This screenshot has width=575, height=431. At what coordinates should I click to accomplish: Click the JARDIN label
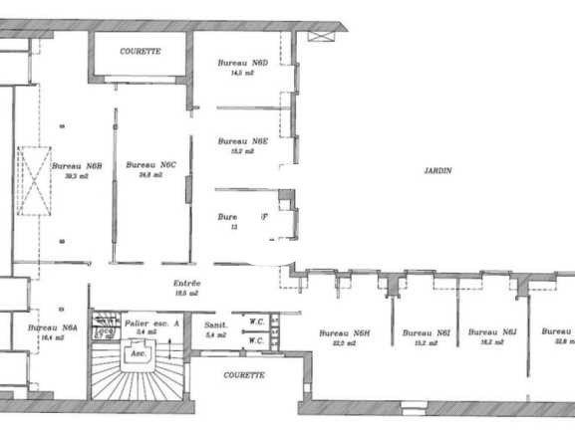[437, 170]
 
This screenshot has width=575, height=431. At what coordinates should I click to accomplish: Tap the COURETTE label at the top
[141, 50]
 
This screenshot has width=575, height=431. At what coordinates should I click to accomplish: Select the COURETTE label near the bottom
[244, 375]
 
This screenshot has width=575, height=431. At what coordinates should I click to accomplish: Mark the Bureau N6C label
[150, 165]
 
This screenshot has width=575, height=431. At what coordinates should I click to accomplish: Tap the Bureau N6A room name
[53, 326]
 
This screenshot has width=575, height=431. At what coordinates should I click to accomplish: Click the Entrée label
[187, 284]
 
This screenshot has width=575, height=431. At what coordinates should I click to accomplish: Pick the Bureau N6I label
[427, 332]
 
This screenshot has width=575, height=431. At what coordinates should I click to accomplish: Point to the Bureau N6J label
[492, 332]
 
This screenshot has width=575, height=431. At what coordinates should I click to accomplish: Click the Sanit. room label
[216, 325]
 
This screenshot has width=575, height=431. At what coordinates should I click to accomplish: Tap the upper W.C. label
[255, 321]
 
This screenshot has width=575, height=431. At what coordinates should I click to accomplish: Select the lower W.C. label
[255, 340]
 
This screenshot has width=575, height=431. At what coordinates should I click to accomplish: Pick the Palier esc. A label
[152, 323]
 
